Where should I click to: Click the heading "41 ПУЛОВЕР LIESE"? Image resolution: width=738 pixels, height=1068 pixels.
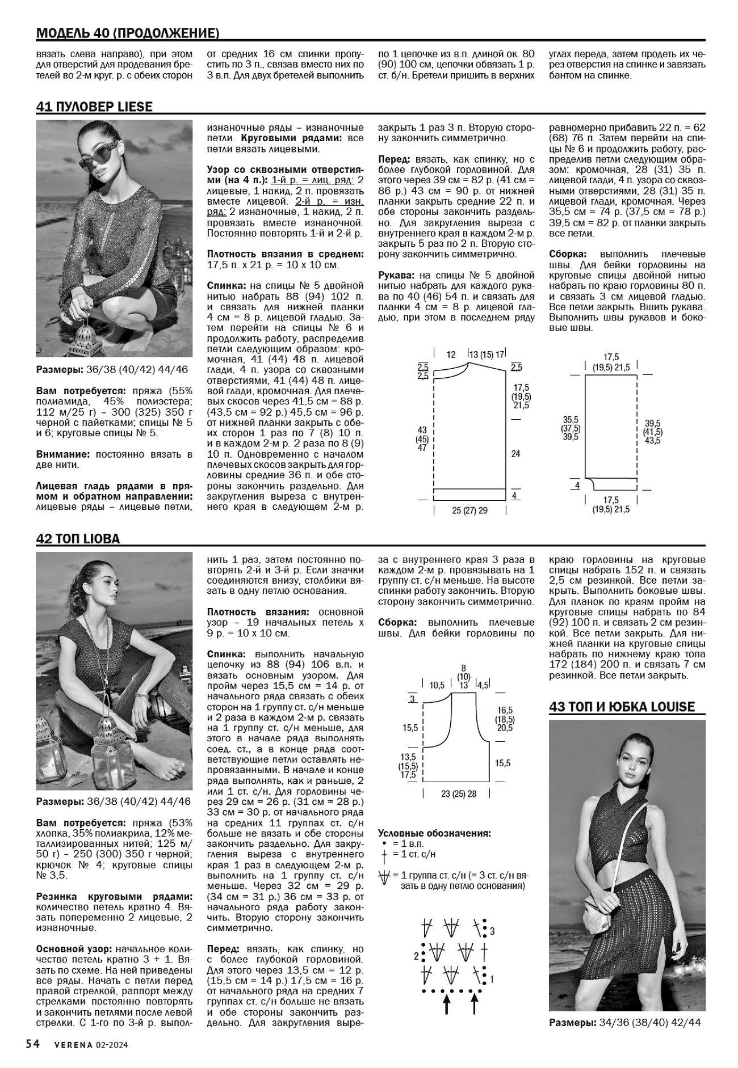94,107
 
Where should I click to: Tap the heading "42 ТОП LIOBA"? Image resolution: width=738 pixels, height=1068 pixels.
78,539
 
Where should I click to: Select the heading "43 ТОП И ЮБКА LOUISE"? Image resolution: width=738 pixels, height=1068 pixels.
622,707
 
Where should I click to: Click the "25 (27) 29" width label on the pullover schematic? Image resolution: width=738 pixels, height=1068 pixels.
469,510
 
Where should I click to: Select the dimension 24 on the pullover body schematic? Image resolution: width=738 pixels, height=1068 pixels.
515,454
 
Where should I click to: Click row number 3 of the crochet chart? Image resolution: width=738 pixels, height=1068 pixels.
492,931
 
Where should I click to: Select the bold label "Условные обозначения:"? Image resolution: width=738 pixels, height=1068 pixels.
434,833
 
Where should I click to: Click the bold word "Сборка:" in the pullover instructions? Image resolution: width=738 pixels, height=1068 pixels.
568,254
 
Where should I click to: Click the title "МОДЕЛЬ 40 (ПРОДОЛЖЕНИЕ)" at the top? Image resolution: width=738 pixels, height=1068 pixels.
128,33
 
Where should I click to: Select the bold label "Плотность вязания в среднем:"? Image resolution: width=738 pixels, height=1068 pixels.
285,254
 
